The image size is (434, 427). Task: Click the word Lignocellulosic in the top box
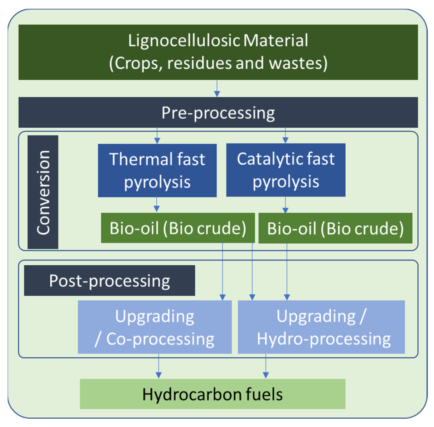184,41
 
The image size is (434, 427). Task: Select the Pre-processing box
218,113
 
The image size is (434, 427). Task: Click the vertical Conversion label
43,192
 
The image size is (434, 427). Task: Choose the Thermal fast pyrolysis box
157,170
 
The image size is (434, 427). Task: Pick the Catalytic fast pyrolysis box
286,170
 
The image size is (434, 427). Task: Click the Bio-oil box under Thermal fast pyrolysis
178,228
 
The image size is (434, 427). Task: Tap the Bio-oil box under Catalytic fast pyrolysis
335,228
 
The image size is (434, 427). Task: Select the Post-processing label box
109,281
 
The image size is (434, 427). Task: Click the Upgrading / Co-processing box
155,327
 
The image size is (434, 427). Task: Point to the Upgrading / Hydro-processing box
321,327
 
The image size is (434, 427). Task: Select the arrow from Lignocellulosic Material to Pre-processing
217,89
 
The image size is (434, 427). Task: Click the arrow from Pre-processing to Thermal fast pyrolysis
157,136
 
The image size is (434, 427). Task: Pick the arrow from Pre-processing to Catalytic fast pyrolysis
285,136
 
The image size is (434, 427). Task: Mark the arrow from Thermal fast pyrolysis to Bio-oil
157,204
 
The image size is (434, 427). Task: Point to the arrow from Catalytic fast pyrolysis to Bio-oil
285,205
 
